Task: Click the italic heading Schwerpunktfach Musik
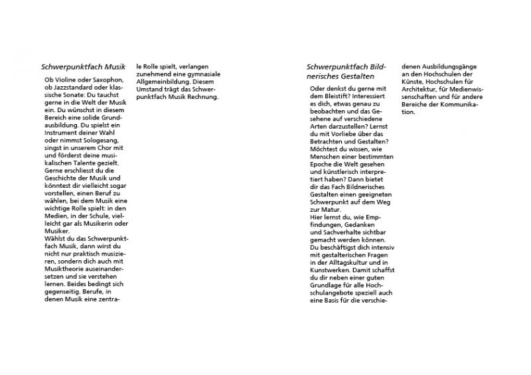point(83,67)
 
